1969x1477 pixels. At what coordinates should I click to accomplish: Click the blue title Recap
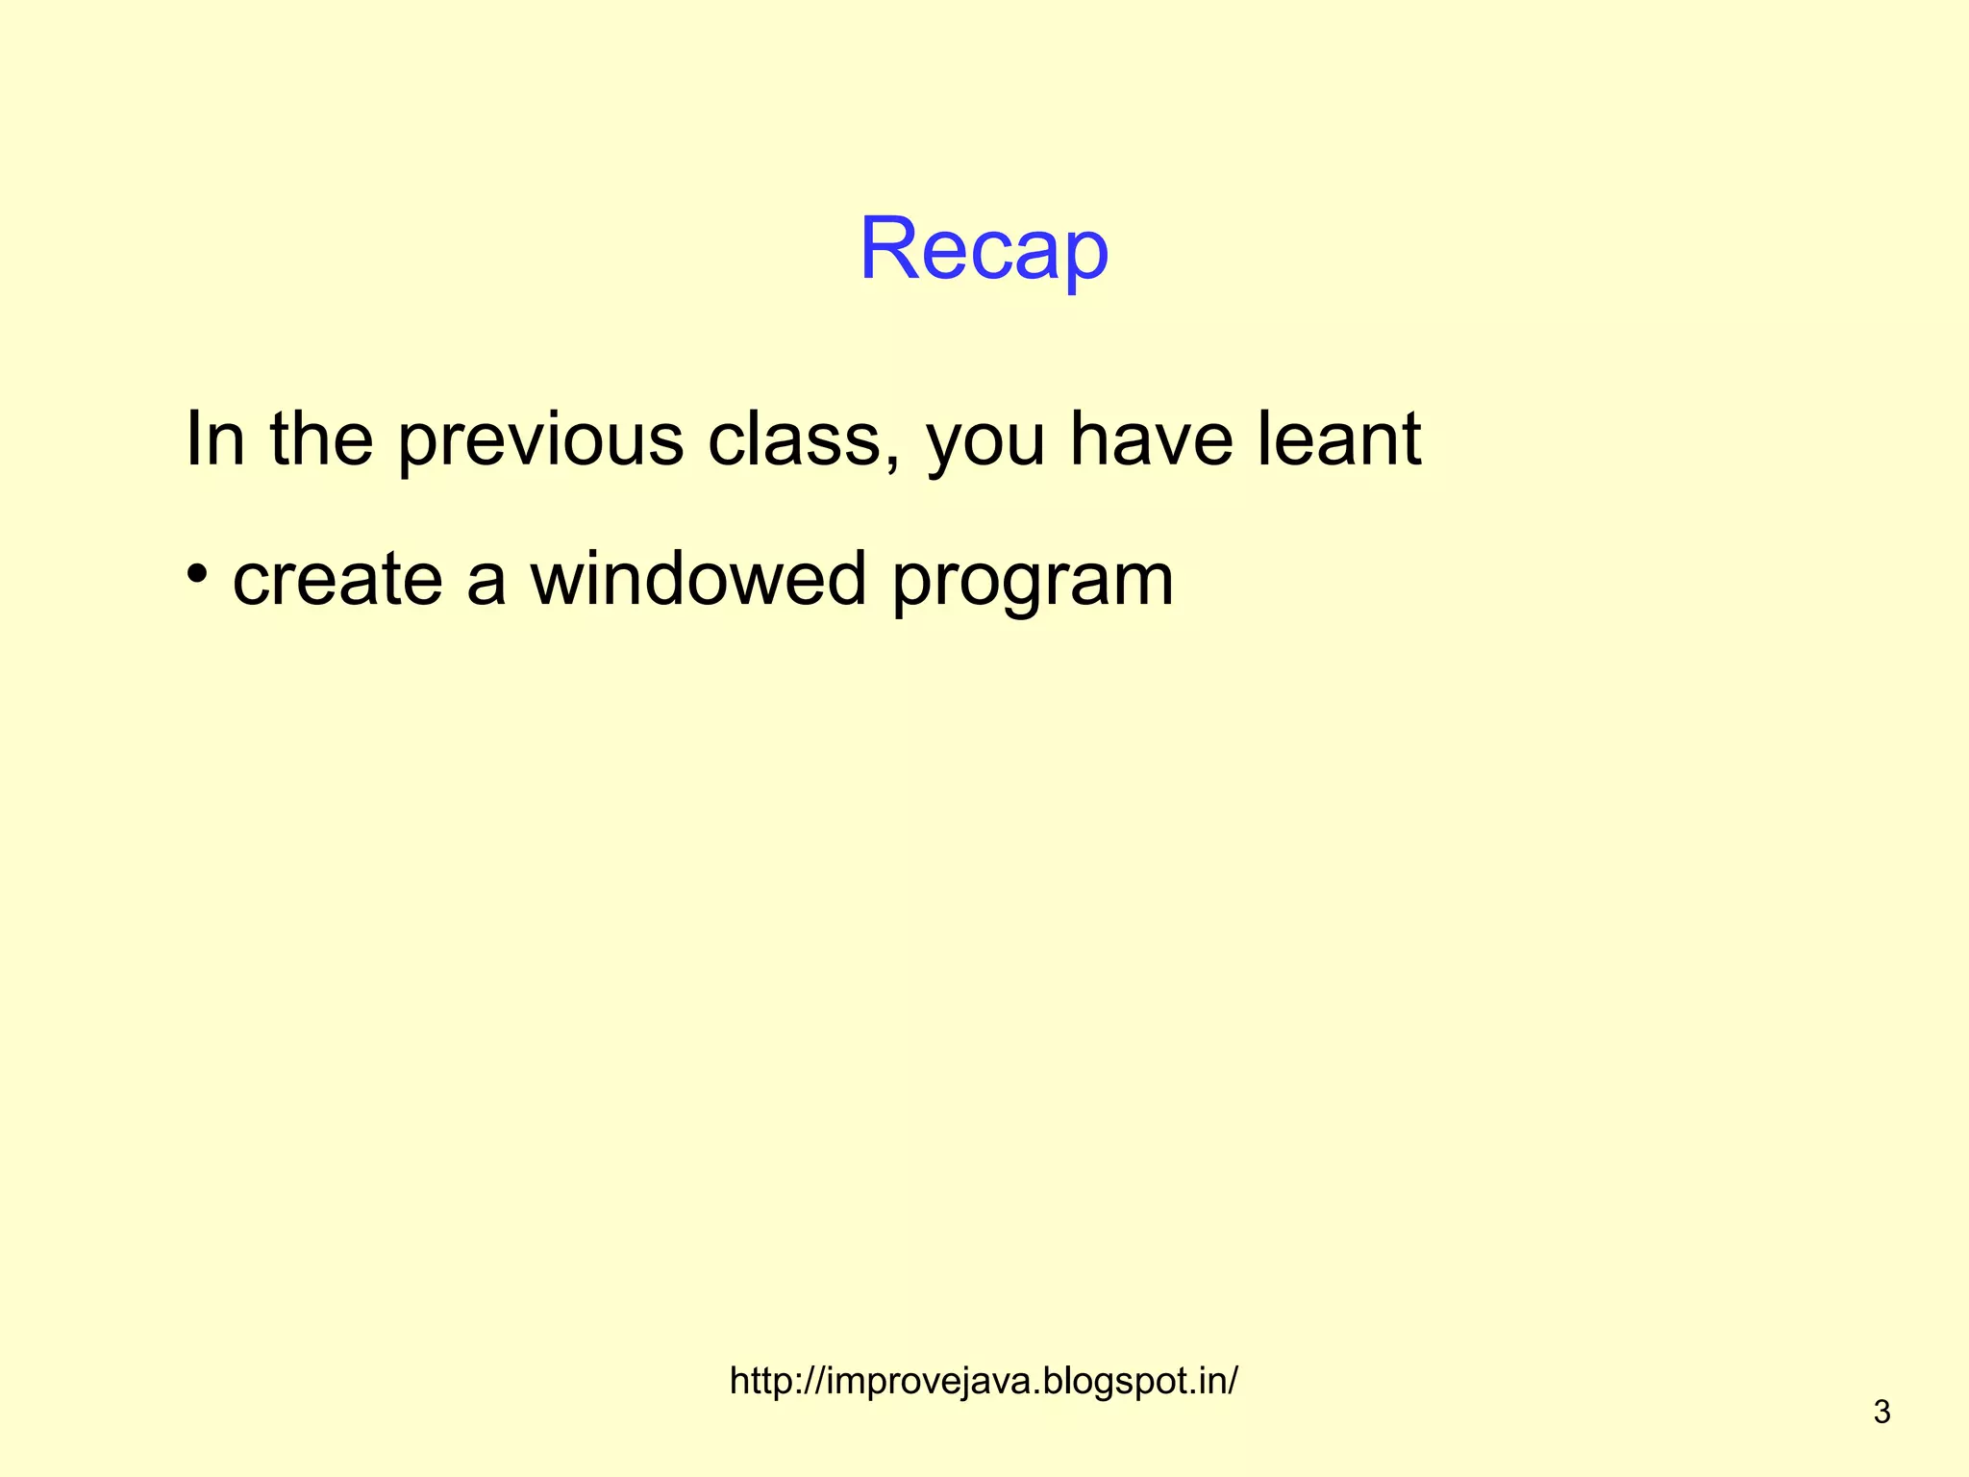(984, 249)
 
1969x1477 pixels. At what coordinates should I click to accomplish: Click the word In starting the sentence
(214, 438)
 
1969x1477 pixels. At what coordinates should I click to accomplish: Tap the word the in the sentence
(321, 438)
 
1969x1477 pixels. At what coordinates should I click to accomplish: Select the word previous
(540, 440)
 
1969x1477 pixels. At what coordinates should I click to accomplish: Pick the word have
(1152, 438)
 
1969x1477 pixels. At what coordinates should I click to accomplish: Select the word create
(337, 579)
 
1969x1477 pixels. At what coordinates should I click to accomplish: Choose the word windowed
(699, 579)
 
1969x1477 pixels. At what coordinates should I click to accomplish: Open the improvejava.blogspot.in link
(984, 1381)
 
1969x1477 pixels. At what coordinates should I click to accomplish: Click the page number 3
(1882, 1412)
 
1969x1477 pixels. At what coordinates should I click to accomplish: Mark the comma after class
(893, 461)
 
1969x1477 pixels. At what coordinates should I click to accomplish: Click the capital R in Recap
(889, 249)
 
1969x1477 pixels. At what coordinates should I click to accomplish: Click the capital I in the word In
(191, 438)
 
